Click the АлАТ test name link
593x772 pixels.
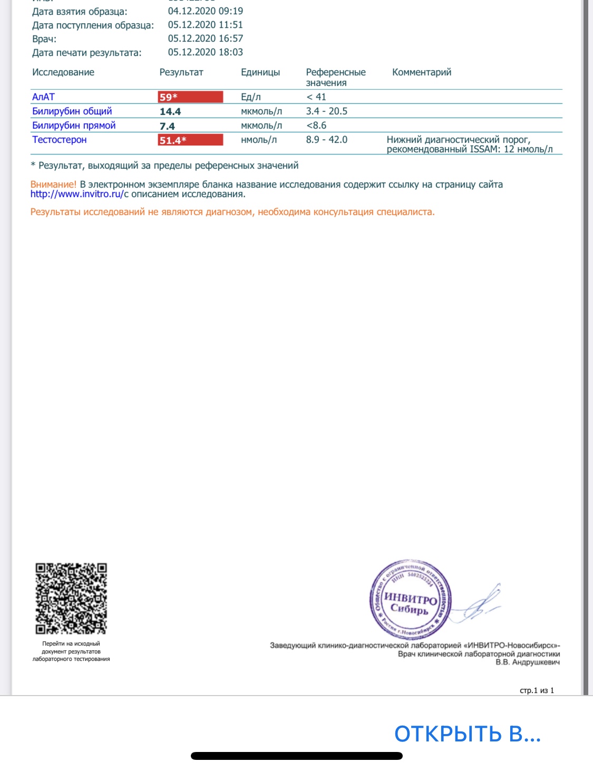(43, 97)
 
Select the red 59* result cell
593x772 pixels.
(190, 97)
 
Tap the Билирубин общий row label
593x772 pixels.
(72, 111)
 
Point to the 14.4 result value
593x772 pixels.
(170, 112)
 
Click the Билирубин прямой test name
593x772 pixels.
(74, 125)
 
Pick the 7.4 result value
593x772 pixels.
(167, 126)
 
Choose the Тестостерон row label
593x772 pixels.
(60, 140)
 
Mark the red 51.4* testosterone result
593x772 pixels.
(190, 140)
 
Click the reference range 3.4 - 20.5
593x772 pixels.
(326, 111)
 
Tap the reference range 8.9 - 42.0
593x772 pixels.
(326, 140)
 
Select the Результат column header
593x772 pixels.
(181, 72)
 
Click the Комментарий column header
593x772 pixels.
(422, 72)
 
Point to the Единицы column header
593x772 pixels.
(260, 72)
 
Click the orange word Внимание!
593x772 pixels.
(53, 184)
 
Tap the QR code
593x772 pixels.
(71, 599)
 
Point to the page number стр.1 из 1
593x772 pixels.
(537, 690)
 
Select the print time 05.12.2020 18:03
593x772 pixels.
(206, 52)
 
